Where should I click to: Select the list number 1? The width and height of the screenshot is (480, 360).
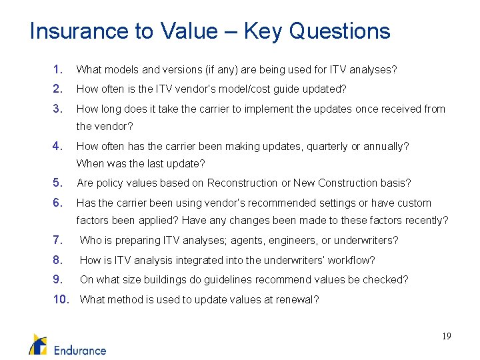(58, 69)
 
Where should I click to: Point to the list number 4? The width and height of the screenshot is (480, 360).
(58, 146)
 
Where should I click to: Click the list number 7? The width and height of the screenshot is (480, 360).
(58, 240)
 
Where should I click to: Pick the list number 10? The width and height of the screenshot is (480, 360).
(61, 299)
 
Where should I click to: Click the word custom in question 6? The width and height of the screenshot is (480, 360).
(415, 203)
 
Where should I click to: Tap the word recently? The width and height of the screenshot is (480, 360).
(427, 220)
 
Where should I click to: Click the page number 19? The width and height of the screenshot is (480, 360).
(445, 337)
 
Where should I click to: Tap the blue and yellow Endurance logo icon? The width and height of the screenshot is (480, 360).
(38, 344)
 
